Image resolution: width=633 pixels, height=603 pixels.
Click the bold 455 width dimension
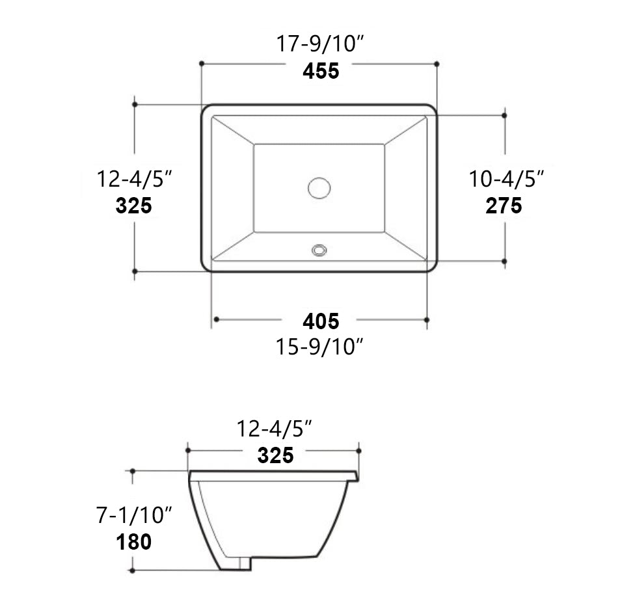coord(321,71)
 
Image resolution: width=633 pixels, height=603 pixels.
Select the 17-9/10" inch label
coord(319,45)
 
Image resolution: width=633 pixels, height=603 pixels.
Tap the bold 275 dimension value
coord(504,206)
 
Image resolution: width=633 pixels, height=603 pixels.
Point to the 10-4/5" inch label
coord(506,178)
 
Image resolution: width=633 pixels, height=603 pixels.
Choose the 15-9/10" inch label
coord(319,347)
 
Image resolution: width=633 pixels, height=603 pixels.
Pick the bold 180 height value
coord(134,541)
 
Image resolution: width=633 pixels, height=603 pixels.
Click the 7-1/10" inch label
coord(134,515)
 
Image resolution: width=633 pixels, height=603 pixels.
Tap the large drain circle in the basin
coord(319,188)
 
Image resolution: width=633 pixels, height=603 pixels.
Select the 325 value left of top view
coord(134,206)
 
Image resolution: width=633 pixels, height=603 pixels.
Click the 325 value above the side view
coord(275,455)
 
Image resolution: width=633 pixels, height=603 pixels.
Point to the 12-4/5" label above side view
coord(275,429)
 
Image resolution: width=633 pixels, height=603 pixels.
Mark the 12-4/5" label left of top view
coord(134,178)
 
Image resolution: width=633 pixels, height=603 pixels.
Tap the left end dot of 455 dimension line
coord(202,63)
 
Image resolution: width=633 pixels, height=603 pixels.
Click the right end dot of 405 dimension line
coord(427,319)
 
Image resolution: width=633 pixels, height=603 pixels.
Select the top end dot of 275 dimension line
coord(504,115)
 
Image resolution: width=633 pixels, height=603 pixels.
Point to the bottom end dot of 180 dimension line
coord(132,570)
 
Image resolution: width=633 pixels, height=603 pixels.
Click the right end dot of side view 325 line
coord(358,450)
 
